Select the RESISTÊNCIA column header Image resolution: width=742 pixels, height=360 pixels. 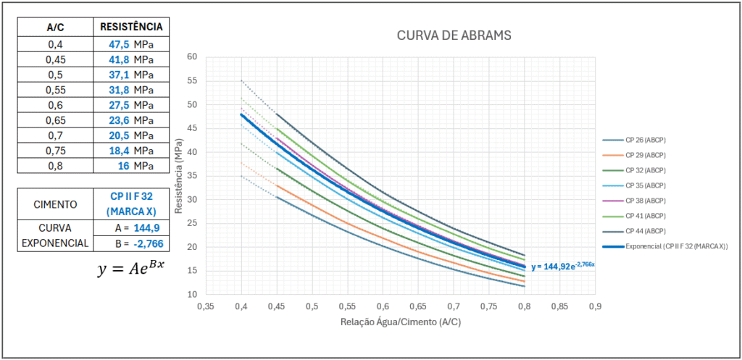coord(131,27)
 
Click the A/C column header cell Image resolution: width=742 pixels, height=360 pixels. coord(55,27)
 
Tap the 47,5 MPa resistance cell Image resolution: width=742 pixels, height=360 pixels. coord(131,43)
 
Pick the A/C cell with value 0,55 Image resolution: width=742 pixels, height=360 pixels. coord(55,90)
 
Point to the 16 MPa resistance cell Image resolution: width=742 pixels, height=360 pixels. coord(131,165)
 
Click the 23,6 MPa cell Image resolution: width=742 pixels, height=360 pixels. coord(131,120)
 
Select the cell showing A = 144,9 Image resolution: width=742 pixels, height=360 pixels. coord(131,227)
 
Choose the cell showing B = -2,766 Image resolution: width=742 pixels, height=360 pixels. coord(131,243)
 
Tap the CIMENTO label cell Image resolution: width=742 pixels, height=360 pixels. coord(55,204)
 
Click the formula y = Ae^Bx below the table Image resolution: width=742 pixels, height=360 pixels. coord(131,269)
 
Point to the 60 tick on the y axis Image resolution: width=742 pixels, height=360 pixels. coord(192,56)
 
